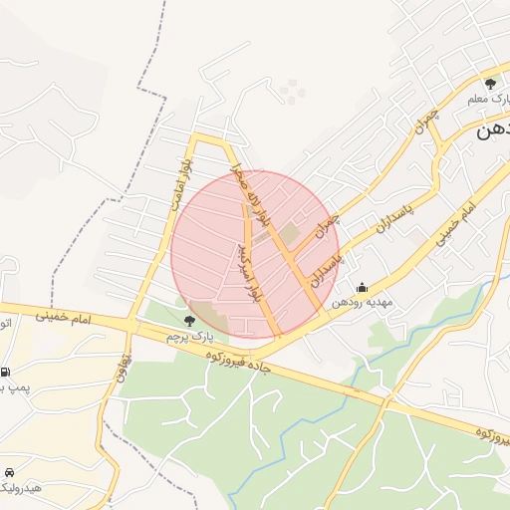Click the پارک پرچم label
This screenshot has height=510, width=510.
click(x=189, y=338)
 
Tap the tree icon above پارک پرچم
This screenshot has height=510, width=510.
click(x=189, y=321)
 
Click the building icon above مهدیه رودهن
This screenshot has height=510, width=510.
click(x=361, y=287)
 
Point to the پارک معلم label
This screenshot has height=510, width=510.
click(x=489, y=100)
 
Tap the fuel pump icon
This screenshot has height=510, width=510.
click(x=7, y=368)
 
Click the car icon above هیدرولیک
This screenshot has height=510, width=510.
click(x=9, y=471)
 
